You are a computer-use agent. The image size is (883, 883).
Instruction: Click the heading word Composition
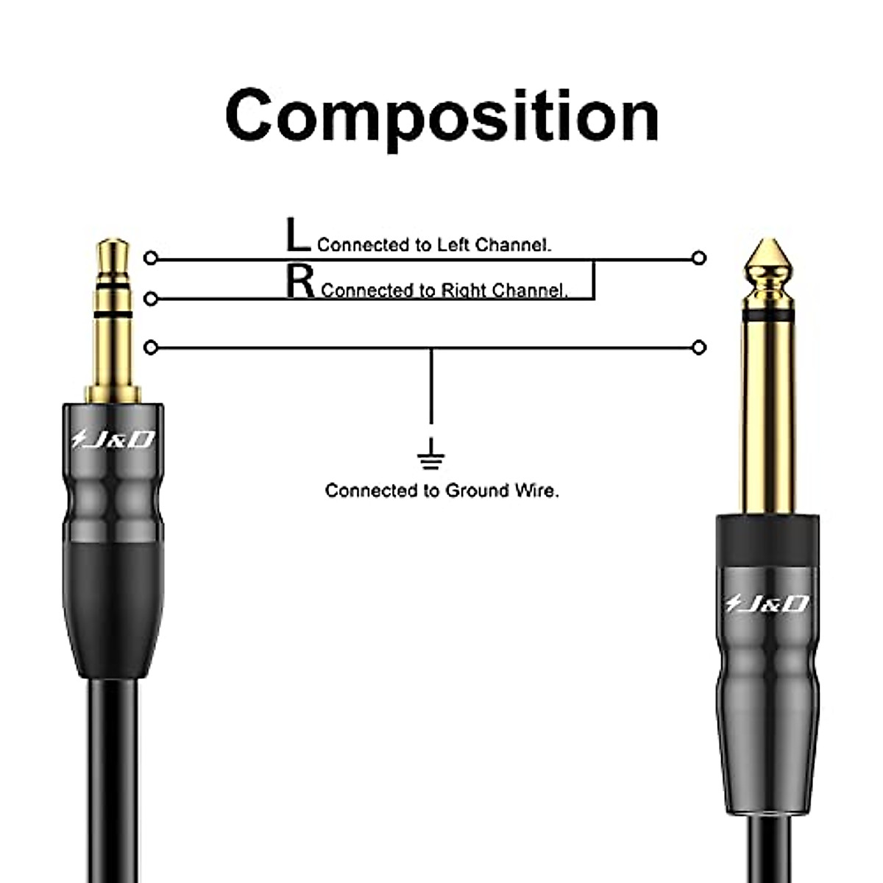coord(441,116)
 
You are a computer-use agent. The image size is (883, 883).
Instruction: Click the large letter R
coord(300,282)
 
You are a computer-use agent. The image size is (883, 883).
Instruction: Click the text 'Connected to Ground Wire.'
coord(441,491)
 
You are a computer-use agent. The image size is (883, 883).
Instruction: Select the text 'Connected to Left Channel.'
coord(434,245)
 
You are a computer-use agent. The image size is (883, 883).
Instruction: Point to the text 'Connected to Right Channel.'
coord(444,291)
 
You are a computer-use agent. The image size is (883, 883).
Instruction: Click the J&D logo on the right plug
coord(767,604)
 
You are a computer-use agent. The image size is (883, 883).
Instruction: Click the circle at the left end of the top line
coord(151,258)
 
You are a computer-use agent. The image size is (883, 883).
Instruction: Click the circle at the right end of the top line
coord(699,258)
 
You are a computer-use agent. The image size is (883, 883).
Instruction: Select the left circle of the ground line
coord(151,347)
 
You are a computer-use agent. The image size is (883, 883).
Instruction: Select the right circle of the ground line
coord(699,347)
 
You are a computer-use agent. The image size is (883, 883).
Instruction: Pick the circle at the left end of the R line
coord(151,299)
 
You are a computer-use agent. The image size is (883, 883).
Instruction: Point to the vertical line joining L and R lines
coord(593,280)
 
